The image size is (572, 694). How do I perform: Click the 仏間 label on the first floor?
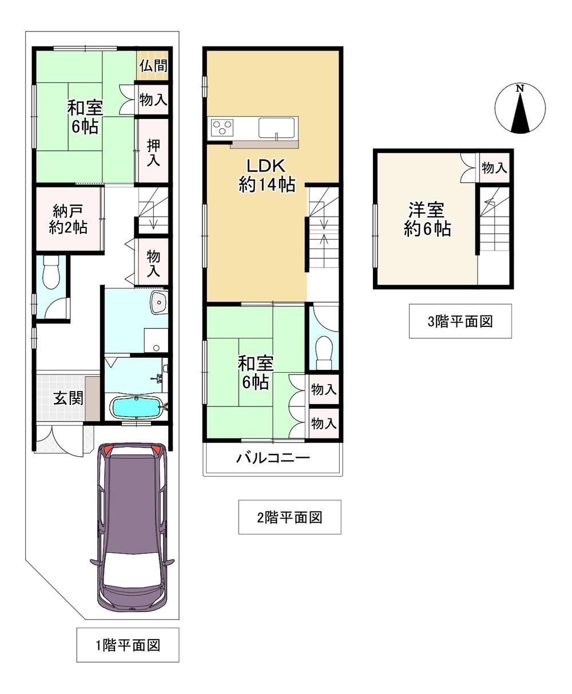coord(153,66)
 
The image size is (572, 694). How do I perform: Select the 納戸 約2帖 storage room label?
coord(68,219)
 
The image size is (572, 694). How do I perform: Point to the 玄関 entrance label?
coord(69,398)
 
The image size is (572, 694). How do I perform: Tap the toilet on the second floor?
coord(324,352)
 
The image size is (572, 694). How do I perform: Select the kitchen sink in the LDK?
coord(277,128)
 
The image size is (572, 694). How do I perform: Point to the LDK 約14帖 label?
coord(267,175)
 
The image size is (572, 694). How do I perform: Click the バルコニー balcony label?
coord(273,458)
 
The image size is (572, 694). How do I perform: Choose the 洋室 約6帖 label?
coord(427,220)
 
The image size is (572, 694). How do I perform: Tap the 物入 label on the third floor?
coord(494,167)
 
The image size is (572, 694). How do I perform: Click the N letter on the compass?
coord(520,89)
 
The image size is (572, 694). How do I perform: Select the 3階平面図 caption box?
coord(460,321)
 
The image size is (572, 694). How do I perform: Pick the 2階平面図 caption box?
coord(289,517)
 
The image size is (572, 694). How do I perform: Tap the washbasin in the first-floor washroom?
coord(158,302)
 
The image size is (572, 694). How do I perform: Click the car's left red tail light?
coord(108,450)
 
